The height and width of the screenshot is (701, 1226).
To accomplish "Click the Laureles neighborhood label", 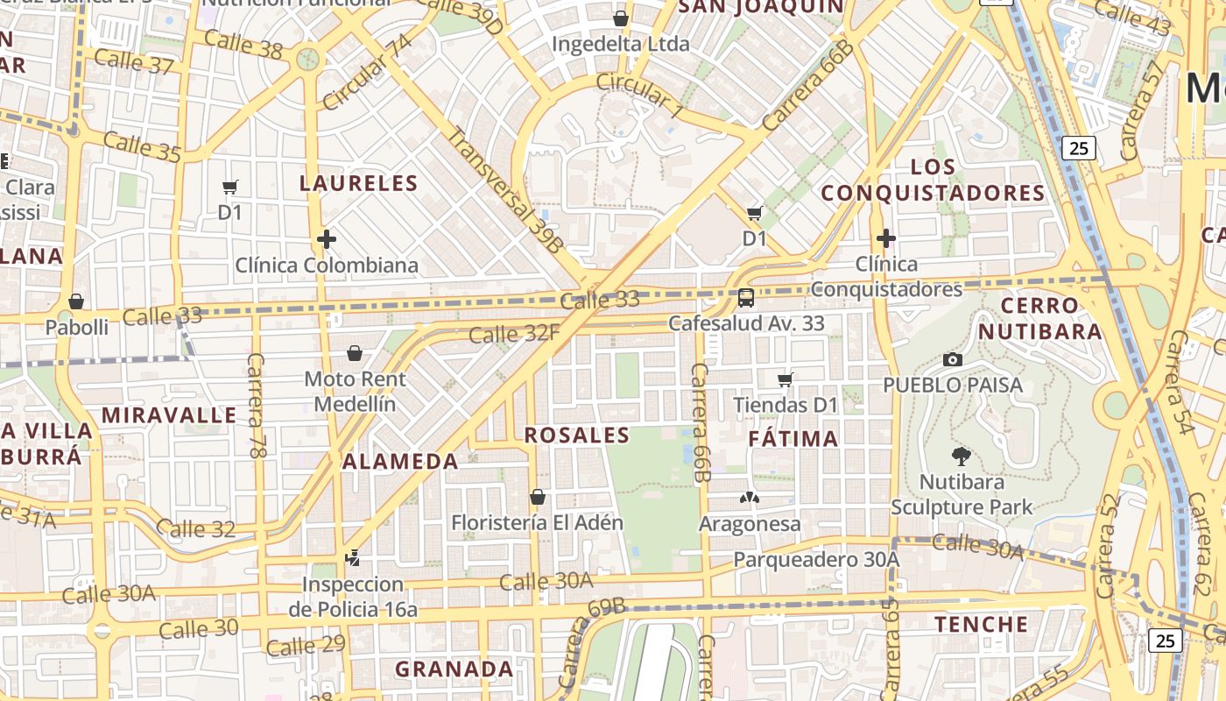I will coord(358,183).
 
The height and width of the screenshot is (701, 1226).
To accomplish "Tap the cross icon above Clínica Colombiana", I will coord(327,238).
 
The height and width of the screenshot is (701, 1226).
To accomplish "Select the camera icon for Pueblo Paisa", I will coord(953,359).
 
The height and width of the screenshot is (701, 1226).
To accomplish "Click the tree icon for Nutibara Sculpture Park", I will coord(962,456).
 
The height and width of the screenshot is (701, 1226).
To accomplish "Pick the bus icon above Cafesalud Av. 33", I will coord(746,298).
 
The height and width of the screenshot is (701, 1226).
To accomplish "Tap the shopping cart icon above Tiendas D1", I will coord(786,379).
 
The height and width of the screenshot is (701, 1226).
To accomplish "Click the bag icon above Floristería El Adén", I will coord(538,497).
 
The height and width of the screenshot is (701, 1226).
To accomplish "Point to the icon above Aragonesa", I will coord(750,498).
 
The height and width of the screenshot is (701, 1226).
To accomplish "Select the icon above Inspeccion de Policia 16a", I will coord(353,557).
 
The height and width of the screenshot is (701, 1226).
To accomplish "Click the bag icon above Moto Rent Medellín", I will coord(355,353).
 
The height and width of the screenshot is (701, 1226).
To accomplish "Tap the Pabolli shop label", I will coord(77,327).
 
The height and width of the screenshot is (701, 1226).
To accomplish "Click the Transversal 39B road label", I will coord(504,190).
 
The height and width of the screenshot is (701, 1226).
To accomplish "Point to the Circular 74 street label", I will coord(366,74).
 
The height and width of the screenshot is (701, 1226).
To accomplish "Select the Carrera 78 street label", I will coord(257,406).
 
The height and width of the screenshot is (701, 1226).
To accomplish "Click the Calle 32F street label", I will coord(514,333).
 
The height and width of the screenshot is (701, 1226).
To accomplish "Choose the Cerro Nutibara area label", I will coord(1039,318).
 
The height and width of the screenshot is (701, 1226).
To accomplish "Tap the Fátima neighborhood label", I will coord(794,438).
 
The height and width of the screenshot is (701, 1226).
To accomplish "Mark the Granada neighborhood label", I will coord(454,669).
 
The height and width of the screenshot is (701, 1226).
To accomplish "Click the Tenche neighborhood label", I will coord(981,624).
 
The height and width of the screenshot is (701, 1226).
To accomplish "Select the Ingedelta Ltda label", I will coord(621,44).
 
